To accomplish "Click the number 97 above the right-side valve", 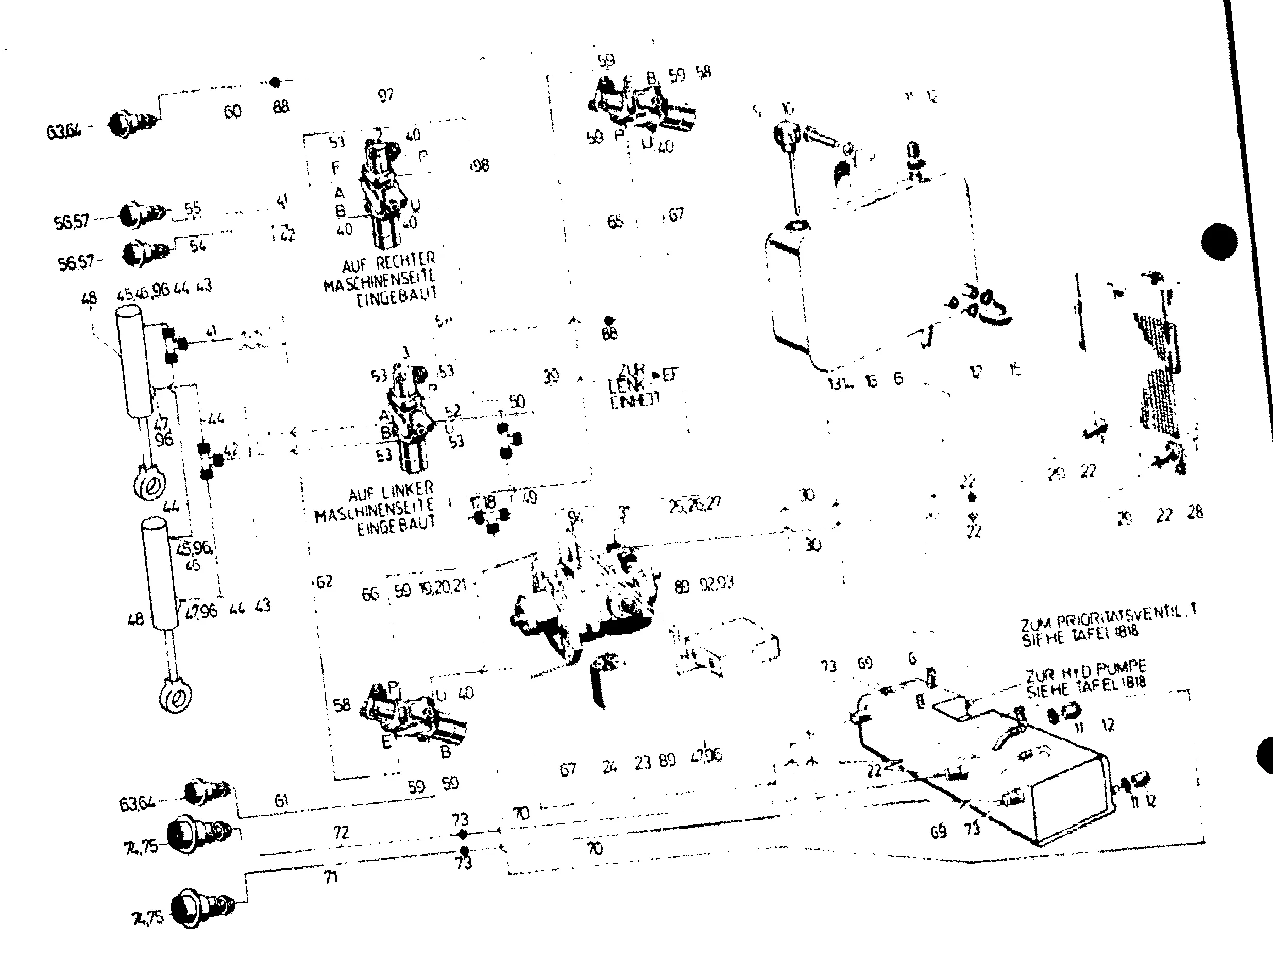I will click(x=385, y=95).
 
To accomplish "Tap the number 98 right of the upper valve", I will click(x=480, y=166).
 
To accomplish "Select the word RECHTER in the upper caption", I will click(x=406, y=262).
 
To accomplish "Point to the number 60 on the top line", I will click(x=232, y=111).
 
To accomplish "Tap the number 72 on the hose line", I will click(x=341, y=832).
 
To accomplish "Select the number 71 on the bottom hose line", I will click(x=331, y=877).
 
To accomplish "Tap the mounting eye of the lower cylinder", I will click(x=176, y=698).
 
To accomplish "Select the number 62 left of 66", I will click(x=324, y=581).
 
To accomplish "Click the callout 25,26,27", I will click(x=694, y=505).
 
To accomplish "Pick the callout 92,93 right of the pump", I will click(x=717, y=584).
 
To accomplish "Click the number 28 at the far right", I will click(x=1195, y=512).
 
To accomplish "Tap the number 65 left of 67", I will click(x=615, y=222).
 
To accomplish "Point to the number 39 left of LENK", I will click(x=551, y=377).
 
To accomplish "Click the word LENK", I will click(x=623, y=384).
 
